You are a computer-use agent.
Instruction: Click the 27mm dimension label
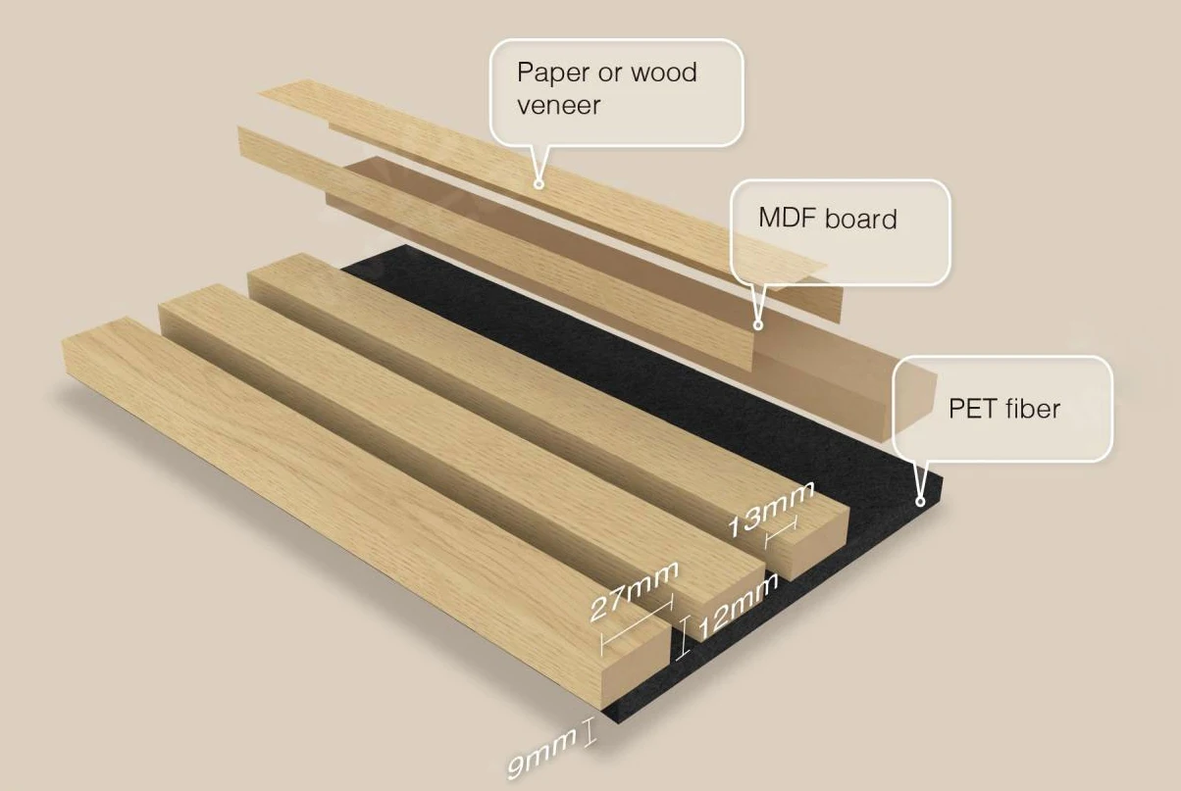click(x=633, y=592)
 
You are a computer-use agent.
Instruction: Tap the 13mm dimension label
click(x=771, y=509)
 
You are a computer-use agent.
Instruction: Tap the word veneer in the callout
click(x=558, y=105)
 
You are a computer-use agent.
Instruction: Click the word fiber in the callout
click(x=1031, y=408)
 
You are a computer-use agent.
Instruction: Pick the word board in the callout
click(x=860, y=218)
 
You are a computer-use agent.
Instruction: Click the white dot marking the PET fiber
click(x=920, y=501)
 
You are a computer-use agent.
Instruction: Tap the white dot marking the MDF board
click(x=757, y=323)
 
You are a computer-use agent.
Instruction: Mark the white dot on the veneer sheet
click(x=538, y=183)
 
